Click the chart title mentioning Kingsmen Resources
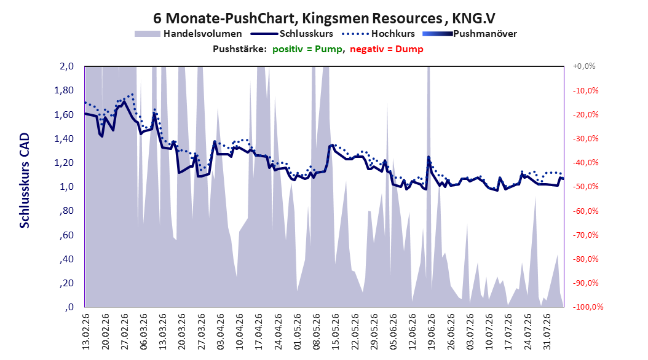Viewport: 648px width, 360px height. (324, 18)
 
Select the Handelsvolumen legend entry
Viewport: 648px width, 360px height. (188, 34)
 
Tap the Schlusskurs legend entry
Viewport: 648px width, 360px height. (292, 34)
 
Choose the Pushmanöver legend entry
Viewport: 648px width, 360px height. (470, 34)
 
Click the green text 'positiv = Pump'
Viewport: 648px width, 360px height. (307, 49)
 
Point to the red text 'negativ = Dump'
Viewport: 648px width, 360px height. (387, 49)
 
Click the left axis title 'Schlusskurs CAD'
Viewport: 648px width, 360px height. (25, 181)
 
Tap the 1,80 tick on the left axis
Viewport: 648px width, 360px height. (64, 90)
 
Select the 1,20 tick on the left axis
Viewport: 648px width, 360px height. (64, 163)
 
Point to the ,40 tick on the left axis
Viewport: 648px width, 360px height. (66, 259)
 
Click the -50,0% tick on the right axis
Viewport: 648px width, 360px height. (585, 187)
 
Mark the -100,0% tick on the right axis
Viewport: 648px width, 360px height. (588, 307)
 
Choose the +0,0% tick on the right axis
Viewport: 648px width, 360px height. (584, 66)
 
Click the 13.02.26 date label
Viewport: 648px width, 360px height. (86, 332)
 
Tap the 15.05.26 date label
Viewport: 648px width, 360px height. (335, 332)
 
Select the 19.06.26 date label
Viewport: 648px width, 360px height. (431, 332)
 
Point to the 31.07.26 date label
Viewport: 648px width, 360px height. (547, 332)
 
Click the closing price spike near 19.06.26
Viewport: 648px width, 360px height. (429, 157)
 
